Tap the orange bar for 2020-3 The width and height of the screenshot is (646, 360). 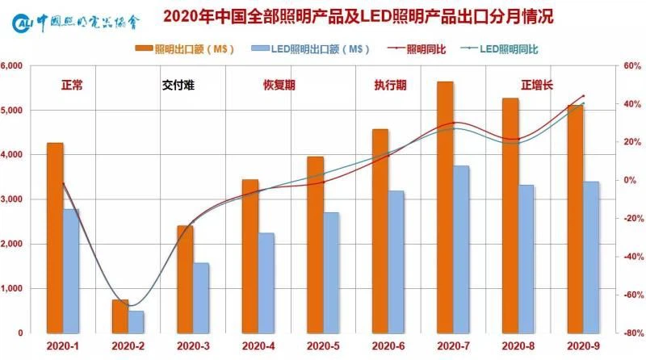click(186, 278)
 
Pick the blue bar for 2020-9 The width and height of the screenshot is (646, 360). click(590, 257)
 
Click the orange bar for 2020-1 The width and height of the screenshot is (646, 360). click(55, 237)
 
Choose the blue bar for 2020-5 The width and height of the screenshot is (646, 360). click(331, 272)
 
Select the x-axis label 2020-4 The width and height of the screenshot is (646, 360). click(258, 345)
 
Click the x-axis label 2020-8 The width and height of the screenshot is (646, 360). click(518, 345)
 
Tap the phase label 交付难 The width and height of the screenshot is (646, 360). click(178, 83)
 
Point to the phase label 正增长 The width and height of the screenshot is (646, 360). click(536, 83)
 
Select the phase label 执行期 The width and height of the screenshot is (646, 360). click(390, 83)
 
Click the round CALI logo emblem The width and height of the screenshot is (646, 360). click(24, 19)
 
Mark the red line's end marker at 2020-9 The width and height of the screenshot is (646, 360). click(583, 96)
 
